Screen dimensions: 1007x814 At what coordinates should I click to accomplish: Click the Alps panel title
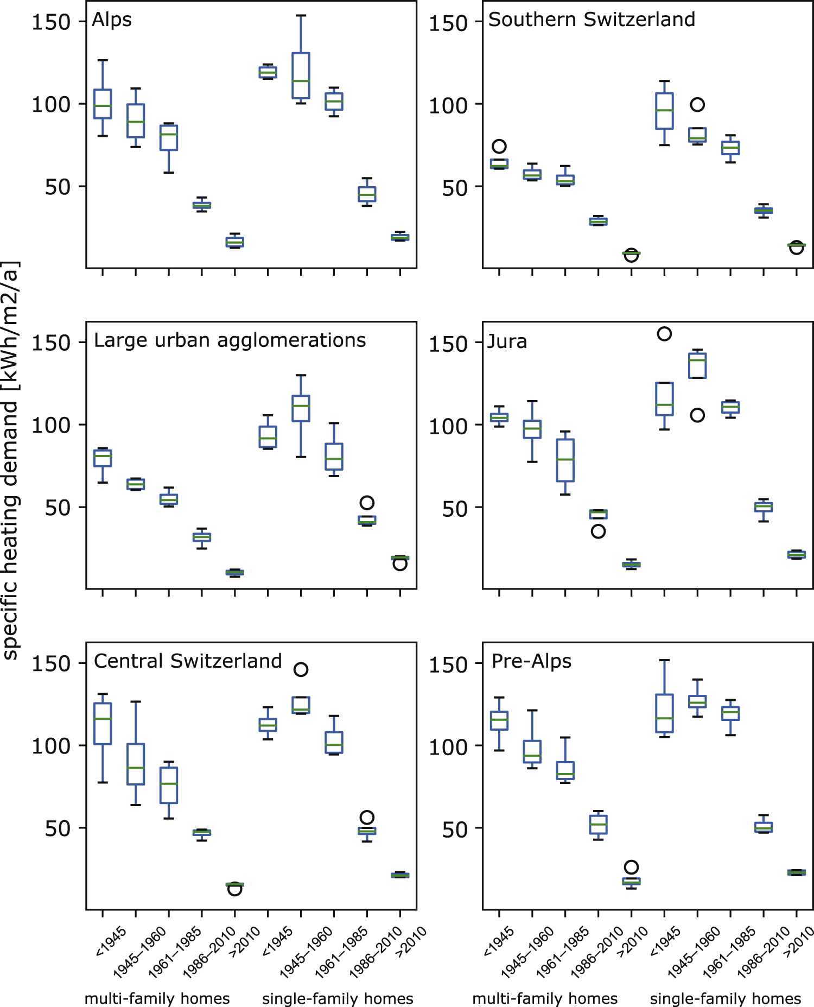coord(112,20)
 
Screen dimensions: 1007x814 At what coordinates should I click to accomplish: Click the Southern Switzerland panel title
coord(592,20)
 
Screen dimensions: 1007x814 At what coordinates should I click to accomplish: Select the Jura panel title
coord(507,341)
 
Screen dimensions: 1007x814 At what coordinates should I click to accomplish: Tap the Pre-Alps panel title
coord(531,661)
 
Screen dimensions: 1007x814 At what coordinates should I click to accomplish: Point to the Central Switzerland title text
coord(188,661)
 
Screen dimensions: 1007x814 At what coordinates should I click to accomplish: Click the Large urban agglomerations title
coord(230,340)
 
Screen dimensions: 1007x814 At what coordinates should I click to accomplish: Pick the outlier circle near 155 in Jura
coord(664,334)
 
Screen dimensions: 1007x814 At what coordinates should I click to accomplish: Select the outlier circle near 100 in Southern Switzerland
coord(697,105)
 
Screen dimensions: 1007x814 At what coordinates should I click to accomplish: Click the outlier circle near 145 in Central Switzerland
coord(301,669)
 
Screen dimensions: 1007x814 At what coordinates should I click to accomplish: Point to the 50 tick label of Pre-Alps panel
coord(455,829)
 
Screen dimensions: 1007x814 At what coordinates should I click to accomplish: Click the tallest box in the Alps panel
coord(301,75)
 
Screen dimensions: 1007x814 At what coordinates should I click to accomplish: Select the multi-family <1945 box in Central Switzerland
coord(103,724)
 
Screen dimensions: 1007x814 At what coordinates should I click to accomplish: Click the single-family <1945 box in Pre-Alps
coord(664,713)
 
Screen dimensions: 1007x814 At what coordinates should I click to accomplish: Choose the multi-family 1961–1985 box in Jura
coord(565,460)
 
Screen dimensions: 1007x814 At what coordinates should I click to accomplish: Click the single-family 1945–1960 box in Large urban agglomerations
coord(301,408)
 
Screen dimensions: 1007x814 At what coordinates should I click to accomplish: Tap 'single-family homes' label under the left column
coord(338,998)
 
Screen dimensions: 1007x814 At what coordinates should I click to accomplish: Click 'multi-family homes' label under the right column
coord(545,998)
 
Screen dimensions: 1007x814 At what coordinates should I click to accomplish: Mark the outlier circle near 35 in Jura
coord(598,531)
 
